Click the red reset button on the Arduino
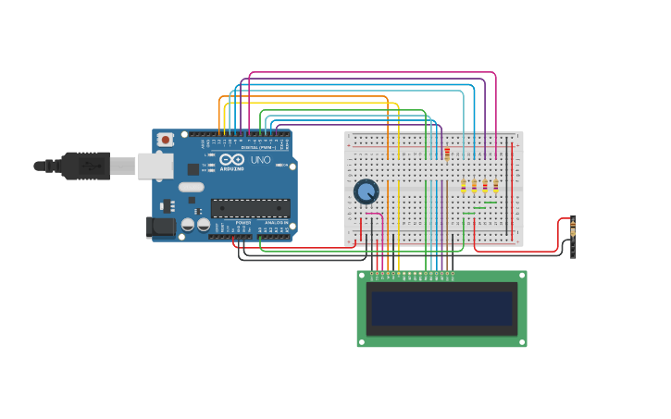click(x=165, y=140)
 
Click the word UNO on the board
click(x=261, y=160)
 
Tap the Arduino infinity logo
click(x=231, y=160)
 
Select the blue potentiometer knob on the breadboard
click(x=367, y=191)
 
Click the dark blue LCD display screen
click(x=441, y=309)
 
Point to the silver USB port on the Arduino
click(x=155, y=166)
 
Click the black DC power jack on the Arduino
click(x=161, y=227)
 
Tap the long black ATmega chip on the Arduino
click(x=250, y=208)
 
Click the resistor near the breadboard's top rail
click(x=447, y=154)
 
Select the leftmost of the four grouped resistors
click(x=464, y=187)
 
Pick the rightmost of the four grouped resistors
click(x=495, y=187)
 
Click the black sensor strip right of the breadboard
click(x=573, y=238)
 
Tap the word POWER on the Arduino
click(x=242, y=223)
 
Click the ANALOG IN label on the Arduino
click(x=276, y=223)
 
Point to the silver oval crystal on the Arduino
click(x=191, y=187)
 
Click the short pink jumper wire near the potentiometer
click(x=374, y=215)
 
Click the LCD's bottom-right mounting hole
click(x=522, y=342)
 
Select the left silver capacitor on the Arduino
click(x=188, y=224)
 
